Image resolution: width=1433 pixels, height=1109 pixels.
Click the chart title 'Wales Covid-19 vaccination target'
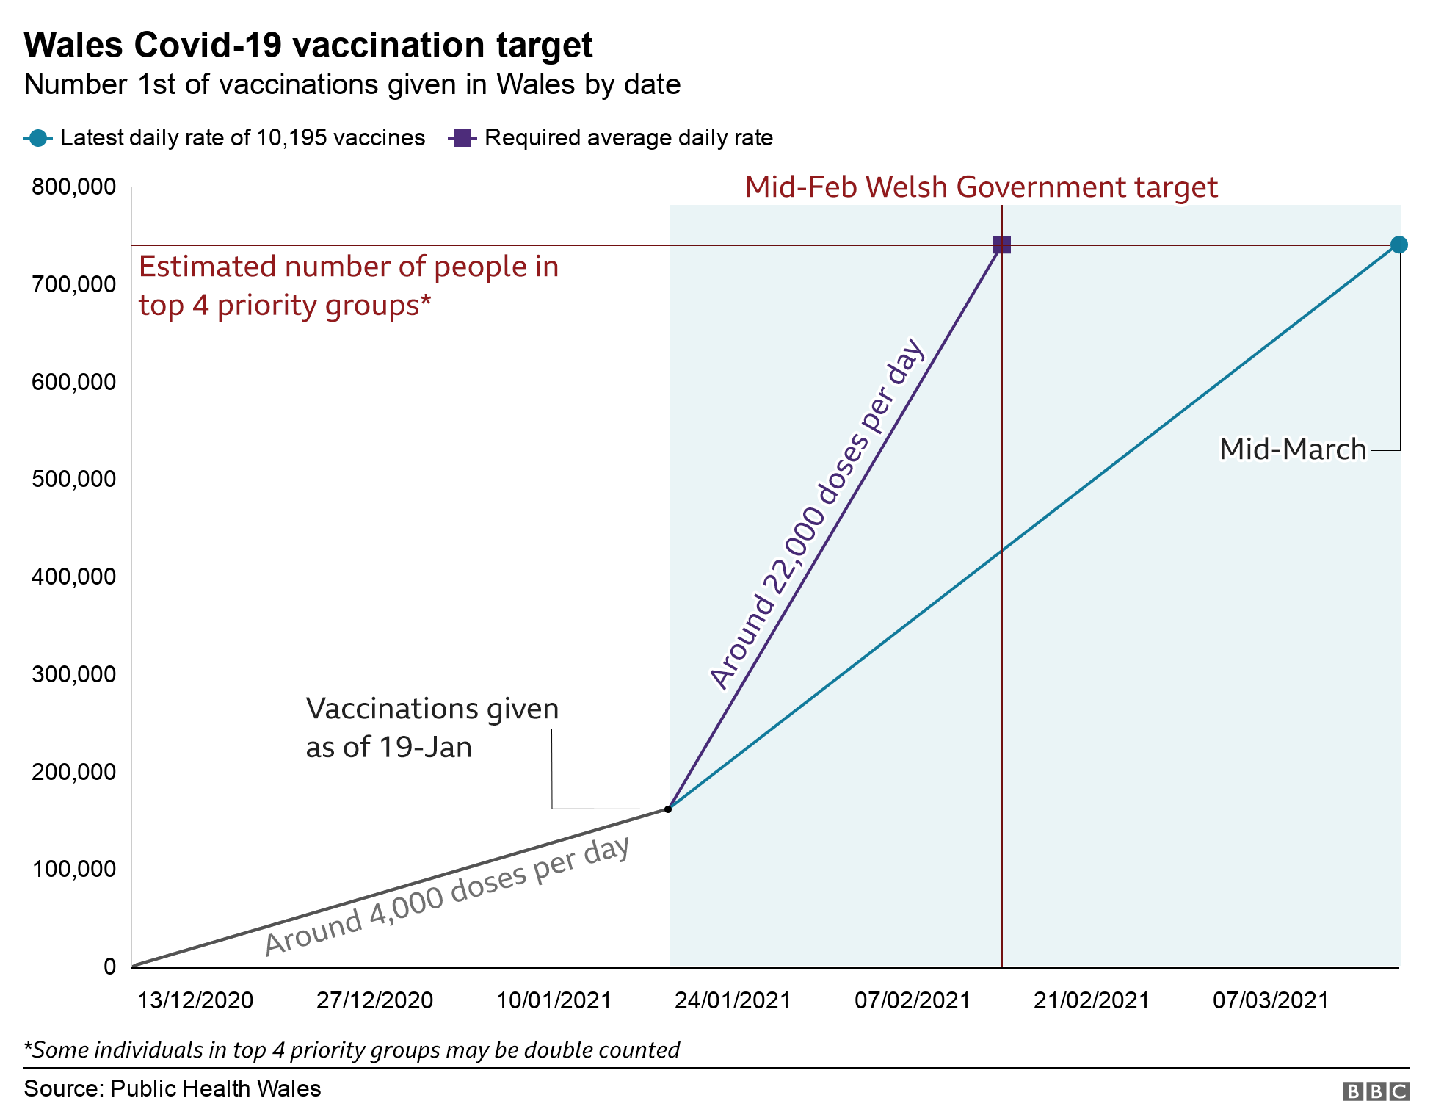308,46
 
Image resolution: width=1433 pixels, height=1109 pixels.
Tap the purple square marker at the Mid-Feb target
1001,245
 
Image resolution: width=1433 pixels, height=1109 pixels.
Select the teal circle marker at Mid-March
1398,245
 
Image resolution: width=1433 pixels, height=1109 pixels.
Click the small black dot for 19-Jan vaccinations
667,809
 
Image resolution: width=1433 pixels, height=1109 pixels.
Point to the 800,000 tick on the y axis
73,187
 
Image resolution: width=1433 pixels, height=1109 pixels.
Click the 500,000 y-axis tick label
73,479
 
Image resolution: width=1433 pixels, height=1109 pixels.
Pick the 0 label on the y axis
109,966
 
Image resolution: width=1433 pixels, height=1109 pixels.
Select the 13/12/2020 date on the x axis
195,1000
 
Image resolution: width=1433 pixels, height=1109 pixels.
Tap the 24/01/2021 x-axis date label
733,1000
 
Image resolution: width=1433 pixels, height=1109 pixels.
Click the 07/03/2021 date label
1270,1000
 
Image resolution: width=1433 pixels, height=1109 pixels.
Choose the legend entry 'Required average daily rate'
628,138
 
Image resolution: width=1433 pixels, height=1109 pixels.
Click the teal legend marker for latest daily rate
38,138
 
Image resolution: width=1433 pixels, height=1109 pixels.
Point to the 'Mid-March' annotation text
1292,449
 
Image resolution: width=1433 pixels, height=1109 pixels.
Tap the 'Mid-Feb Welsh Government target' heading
981,187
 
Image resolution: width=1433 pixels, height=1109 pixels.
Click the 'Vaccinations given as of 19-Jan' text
432,727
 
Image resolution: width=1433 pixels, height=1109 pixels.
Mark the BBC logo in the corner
1375,1091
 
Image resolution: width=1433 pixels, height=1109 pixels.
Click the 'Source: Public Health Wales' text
173,1088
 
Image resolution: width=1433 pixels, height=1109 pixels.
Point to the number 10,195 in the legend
290,138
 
